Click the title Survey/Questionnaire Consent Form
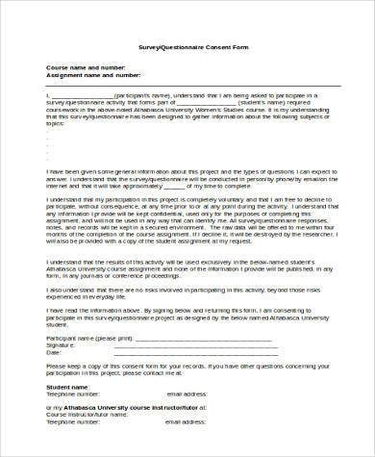[x=187, y=46]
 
